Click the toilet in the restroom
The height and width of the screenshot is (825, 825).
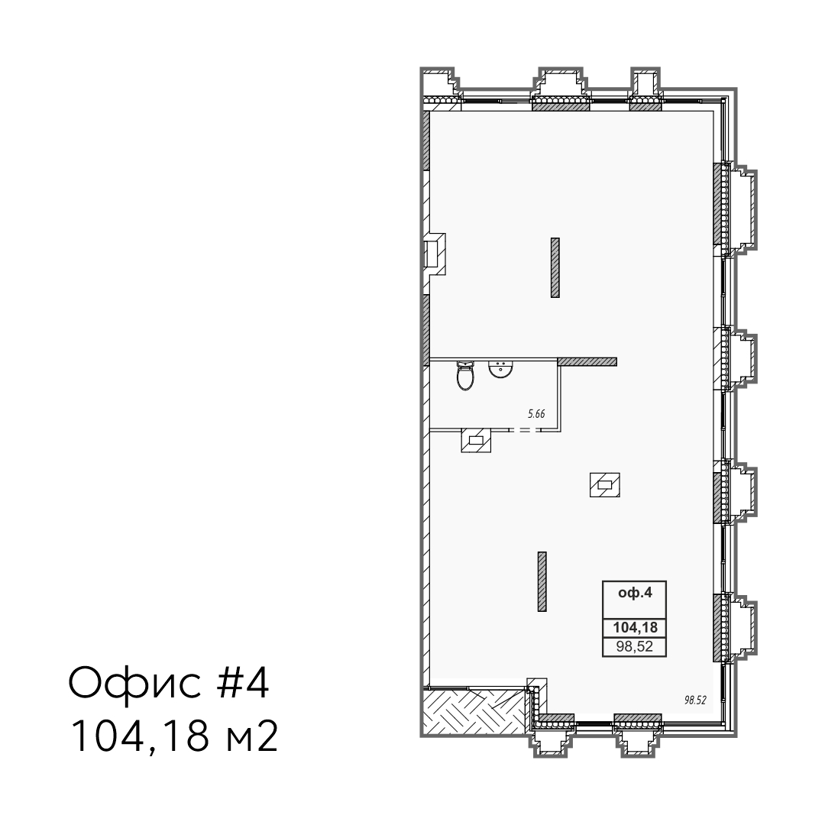[x=465, y=376]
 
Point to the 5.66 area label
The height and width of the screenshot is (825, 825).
[x=536, y=414]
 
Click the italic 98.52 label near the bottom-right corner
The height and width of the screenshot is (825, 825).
[x=694, y=700]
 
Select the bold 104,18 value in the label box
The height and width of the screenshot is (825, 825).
[x=635, y=627]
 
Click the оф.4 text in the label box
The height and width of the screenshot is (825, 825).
[x=635, y=593]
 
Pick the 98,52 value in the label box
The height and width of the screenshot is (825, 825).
[x=635, y=647]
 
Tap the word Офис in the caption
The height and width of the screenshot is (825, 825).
[x=134, y=684]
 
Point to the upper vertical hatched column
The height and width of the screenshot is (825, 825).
[x=555, y=268]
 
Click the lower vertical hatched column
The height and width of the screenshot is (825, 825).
[x=542, y=581]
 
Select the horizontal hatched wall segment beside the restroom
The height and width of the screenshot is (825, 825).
[x=587, y=361]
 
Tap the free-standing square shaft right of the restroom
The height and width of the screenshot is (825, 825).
[x=604, y=484]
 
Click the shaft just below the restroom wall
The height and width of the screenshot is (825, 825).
[x=476, y=441]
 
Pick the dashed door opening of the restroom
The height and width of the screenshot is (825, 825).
[x=523, y=430]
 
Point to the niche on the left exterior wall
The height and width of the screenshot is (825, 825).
[x=435, y=254]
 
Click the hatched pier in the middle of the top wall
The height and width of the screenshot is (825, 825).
[x=561, y=105]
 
